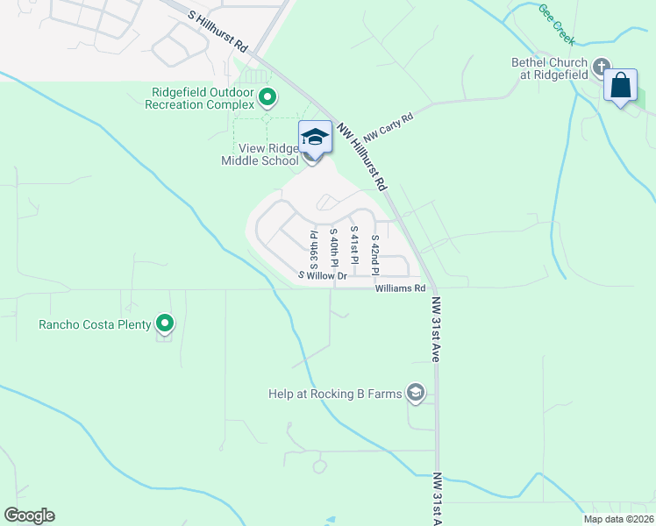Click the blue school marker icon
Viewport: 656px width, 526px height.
[315, 137]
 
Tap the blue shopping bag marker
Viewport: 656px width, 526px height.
[621, 86]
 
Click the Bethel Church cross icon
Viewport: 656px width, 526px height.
[602, 67]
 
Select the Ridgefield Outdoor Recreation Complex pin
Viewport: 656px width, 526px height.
[268, 96]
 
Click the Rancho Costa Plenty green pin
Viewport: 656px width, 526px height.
[165, 324]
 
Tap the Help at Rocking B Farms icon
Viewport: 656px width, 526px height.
[416, 394]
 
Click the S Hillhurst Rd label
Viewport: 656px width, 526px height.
[218, 29]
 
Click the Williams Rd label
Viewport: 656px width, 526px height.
[400, 288]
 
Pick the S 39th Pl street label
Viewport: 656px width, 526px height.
[312, 247]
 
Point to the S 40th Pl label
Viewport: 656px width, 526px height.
[334, 247]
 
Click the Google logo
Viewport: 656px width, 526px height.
[29, 515]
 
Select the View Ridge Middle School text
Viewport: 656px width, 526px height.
[262, 154]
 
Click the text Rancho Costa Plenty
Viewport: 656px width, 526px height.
[95, 324]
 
